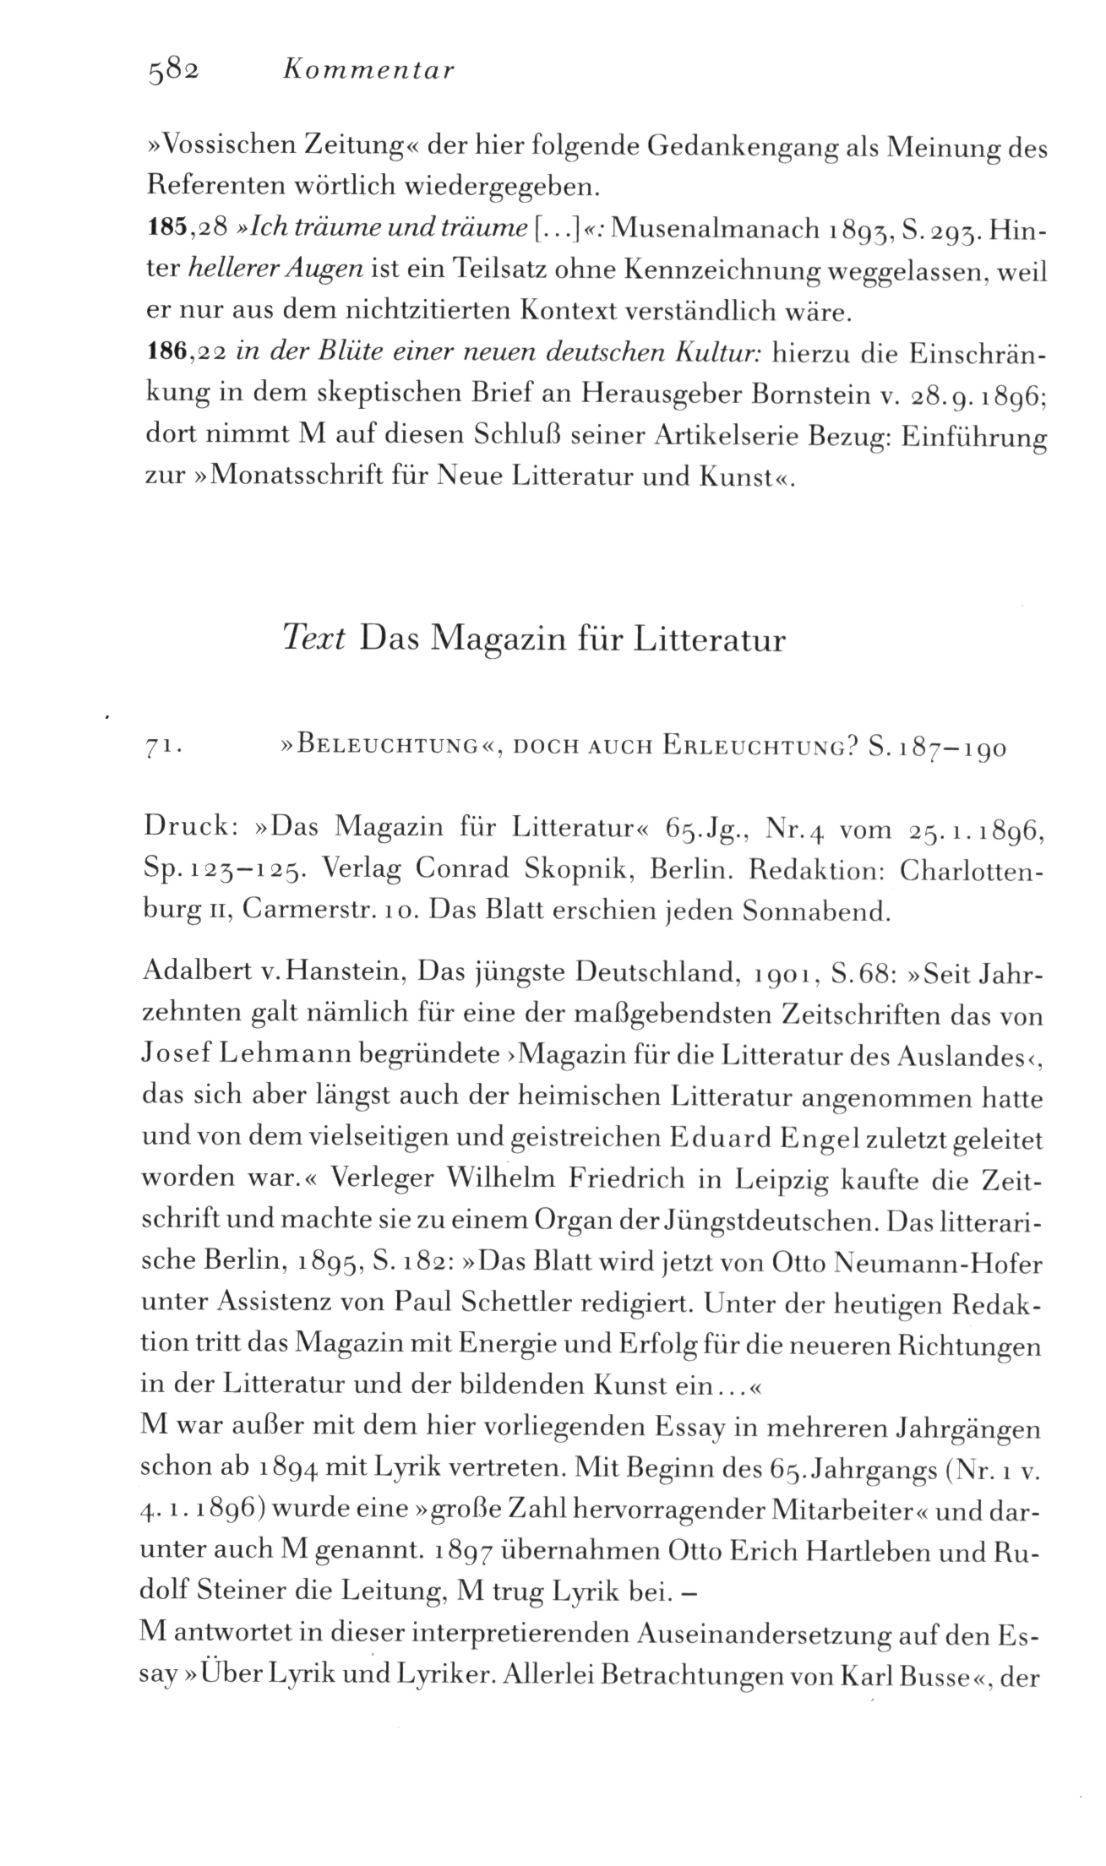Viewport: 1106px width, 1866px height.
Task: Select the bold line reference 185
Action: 166,229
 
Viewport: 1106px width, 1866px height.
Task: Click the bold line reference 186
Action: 166,354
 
